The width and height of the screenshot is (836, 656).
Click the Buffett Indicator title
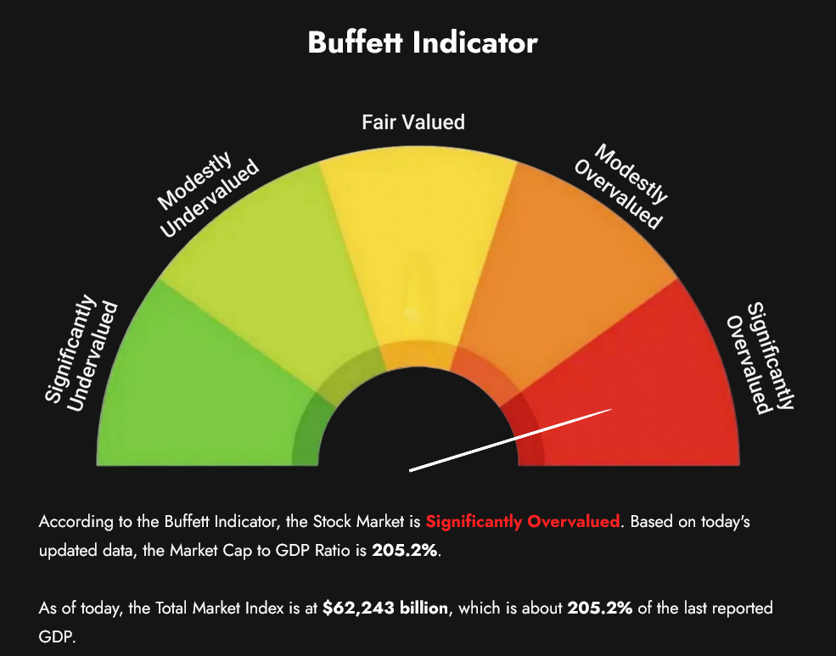423,42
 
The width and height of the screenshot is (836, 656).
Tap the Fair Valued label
413,122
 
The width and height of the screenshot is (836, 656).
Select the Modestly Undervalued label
208,194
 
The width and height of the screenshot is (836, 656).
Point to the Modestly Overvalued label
621,186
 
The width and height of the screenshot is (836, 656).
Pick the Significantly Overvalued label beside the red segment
760,358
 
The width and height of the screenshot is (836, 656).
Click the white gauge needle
510,440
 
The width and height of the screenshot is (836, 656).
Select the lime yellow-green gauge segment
267,266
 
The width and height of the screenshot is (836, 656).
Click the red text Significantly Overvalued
523,521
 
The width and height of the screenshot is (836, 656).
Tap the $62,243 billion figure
385,608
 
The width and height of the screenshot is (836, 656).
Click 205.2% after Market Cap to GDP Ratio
405,550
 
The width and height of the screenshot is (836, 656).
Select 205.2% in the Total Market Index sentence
600,608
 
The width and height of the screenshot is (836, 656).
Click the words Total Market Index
219,608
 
